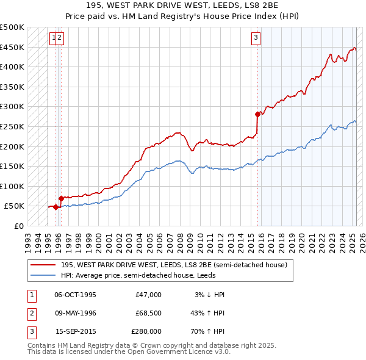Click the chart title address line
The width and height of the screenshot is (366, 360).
(182, 5)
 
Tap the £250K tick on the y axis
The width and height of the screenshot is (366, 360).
(13, 126)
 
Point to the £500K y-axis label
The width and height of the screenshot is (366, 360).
(13, 27)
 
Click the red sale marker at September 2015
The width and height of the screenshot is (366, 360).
(258, 113)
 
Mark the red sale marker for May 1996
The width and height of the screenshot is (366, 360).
(61, 198)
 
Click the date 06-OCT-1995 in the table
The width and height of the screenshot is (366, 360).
(76, 295)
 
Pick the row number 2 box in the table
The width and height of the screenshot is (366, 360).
(30, 313)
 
